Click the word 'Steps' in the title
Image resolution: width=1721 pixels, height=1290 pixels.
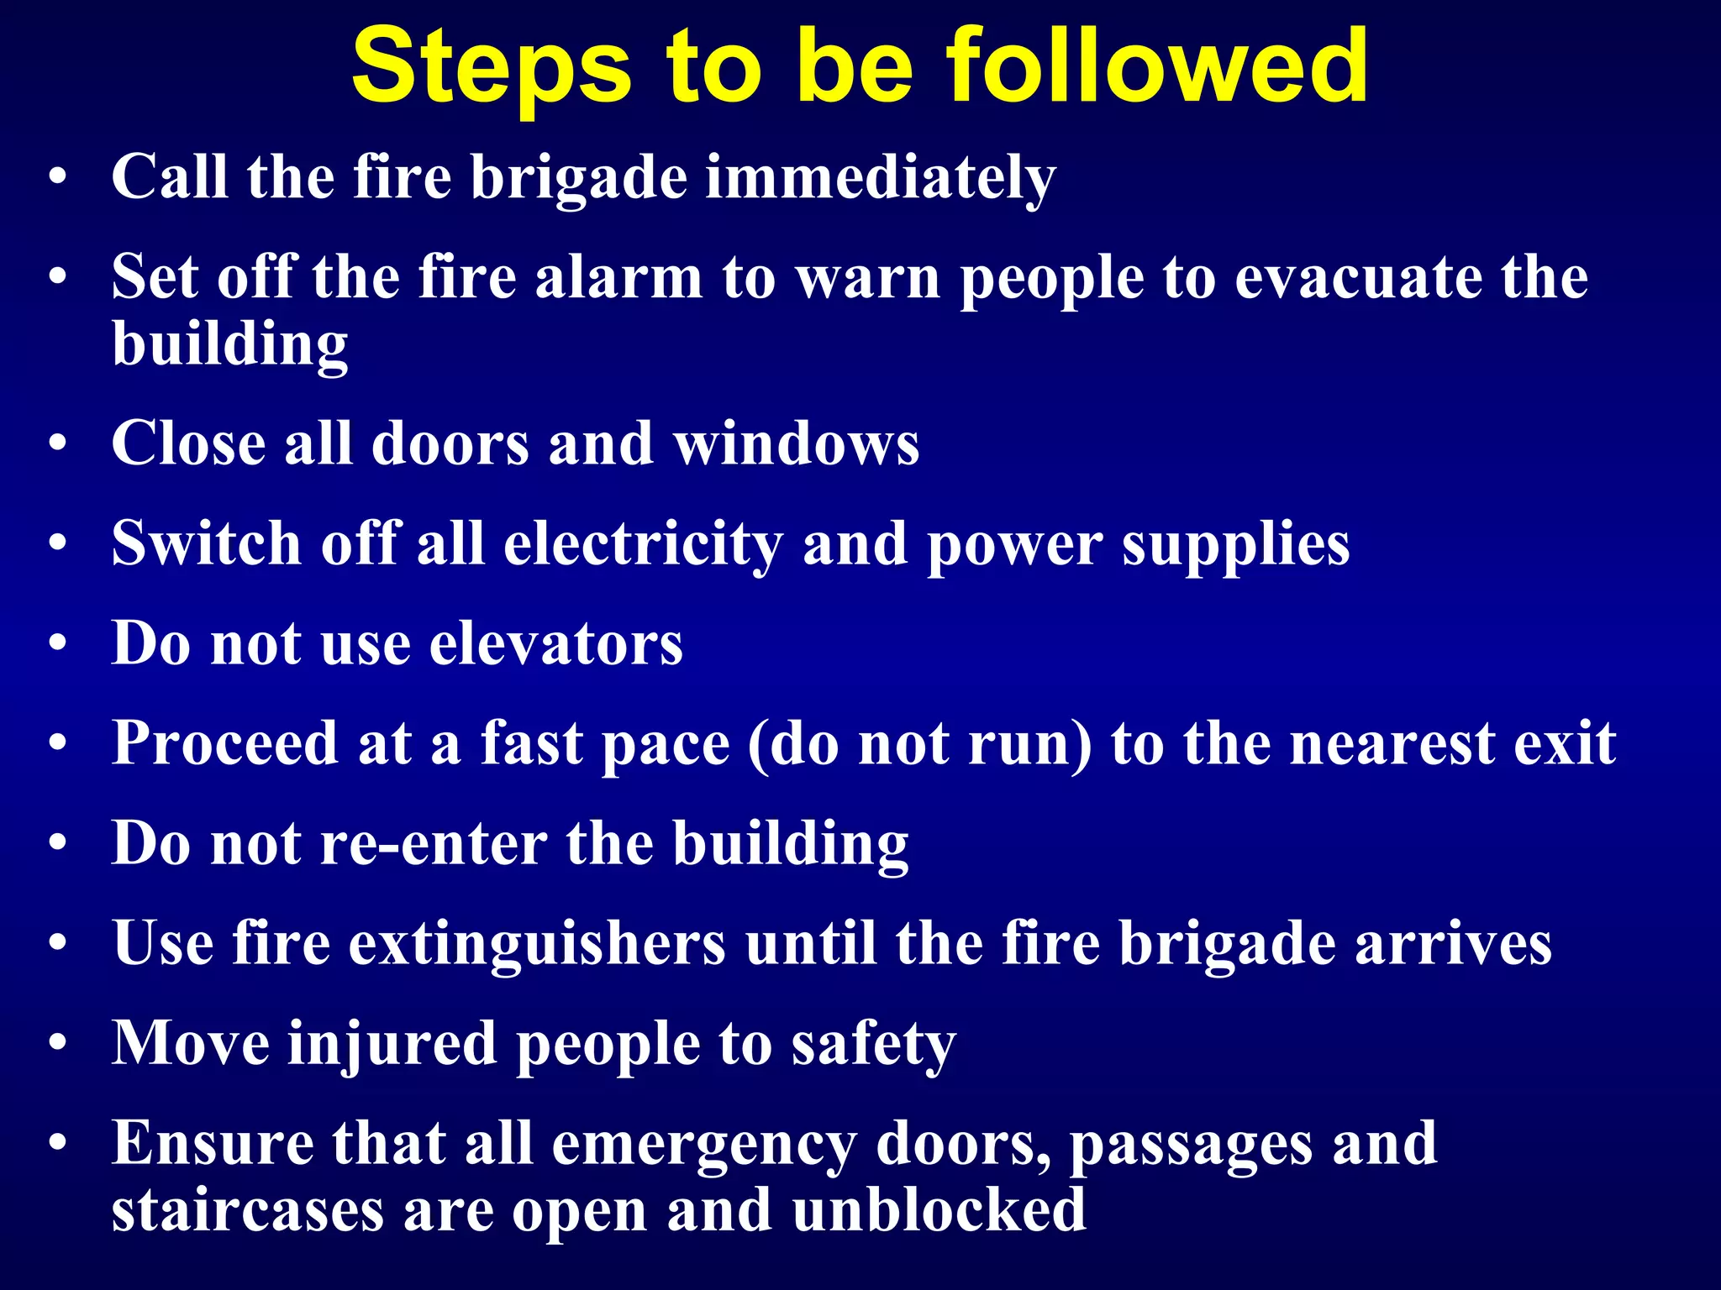pyautogui.click(x=491, y=67)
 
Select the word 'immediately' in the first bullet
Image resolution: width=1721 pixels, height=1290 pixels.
pyautogui.click(x=880, y=178)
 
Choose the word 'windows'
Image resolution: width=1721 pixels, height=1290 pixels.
pyautogui.click(x=797, y=444)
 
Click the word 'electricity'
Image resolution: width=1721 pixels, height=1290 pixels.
pyautogui.click(x=643, y=544)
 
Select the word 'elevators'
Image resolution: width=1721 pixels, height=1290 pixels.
pyautogui.click(x=556, y=644)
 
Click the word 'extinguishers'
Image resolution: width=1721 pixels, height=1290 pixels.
pyautogui.click(x=537, y=943)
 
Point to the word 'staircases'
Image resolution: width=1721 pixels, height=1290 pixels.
pyautogui.click(x=248, y=1210)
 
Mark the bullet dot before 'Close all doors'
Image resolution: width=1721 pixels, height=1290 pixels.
pyautogui.click(x=57, y=444)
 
